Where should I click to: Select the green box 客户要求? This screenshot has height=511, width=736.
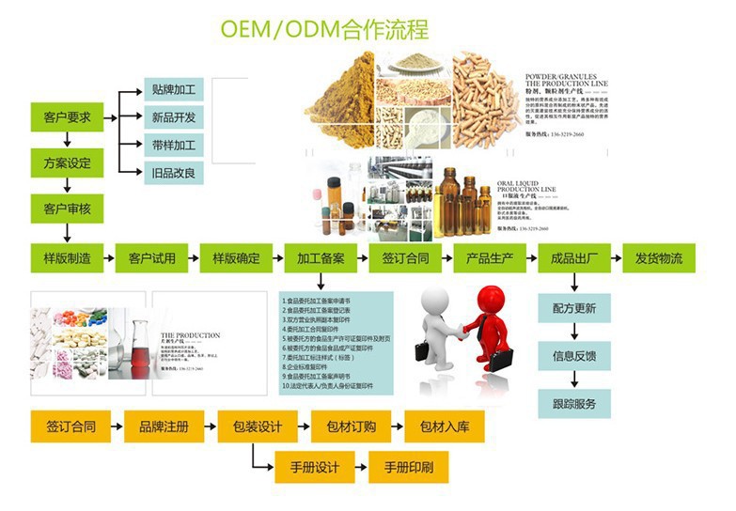(x=67, y=117)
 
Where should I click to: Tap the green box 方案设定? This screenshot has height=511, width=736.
(x=67, y=163)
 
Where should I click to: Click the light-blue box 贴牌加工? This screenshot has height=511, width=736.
(x=173, y=91)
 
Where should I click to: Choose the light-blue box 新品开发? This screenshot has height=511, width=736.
(x=173, y=118)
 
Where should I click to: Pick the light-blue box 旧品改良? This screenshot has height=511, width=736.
(x=173, y=172)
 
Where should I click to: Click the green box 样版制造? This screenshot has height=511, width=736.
(x=67, y=258)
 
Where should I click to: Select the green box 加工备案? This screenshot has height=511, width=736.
(x=321, y=258)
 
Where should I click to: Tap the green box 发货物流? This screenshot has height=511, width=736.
(x=658, y=258)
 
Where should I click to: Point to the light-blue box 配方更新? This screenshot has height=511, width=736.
(x=573, y=308)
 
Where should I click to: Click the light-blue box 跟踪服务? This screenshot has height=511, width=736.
(x=573, y=404)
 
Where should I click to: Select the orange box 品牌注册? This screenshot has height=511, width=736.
(x=164, y=426)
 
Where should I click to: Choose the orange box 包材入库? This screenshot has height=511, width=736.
(x=444, y=426)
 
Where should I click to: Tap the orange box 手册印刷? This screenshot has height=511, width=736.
(x=408, y=467)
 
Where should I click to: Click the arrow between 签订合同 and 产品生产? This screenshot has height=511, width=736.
(x=443, y=258)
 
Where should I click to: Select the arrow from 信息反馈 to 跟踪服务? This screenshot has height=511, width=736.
(x=573, y=379)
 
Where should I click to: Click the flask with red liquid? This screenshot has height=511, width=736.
(x=139, y=348)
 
